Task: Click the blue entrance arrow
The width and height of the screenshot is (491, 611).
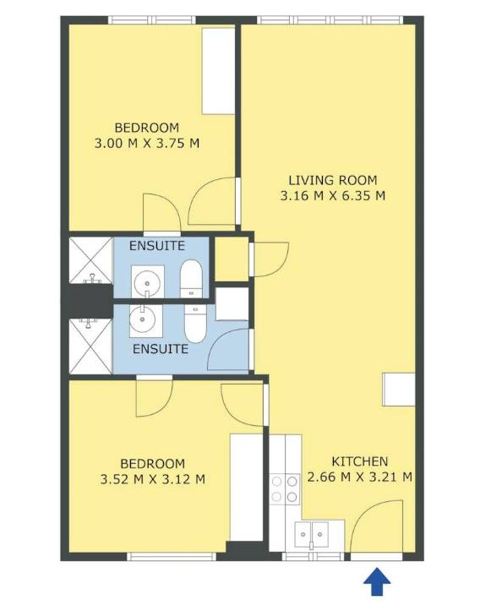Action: click(x=377, y=581)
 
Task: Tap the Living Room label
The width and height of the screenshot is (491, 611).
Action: click(x=333, y=180)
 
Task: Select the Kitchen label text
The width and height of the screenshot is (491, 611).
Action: click(x=360, y=461)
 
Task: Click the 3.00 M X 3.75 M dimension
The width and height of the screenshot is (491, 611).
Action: click(x=147, y=143)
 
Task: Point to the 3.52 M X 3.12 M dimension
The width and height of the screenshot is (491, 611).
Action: click(x=153, y=479)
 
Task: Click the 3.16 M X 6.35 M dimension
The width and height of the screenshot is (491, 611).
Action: click(x=333, y=195)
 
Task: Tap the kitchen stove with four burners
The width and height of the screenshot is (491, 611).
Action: click(x=285, y=489)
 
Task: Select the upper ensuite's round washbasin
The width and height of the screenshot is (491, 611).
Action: click(x=147, y=281)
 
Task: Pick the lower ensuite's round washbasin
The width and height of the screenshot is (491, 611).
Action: click(x=145, y=320)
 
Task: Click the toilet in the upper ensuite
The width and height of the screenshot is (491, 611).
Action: click(x=191, y=279)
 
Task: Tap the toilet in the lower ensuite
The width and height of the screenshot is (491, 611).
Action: click(x=195, y=324)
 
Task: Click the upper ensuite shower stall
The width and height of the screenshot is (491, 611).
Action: click(x=90, y=260)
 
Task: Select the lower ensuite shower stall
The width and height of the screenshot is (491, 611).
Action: click(x=90, y=346)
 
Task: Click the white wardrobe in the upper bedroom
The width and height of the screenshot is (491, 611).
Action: click(x=218, y=70)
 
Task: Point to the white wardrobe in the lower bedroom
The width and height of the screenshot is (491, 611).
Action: click(x=246, y=487)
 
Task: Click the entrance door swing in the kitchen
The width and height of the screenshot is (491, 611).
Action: click(x=376, y=526)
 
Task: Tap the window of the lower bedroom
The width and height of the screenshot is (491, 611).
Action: click(x=172, y=556)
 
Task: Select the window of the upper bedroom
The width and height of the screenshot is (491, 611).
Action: click(x=151, y=20)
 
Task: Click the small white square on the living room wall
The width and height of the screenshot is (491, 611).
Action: click(x=398, y=390)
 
